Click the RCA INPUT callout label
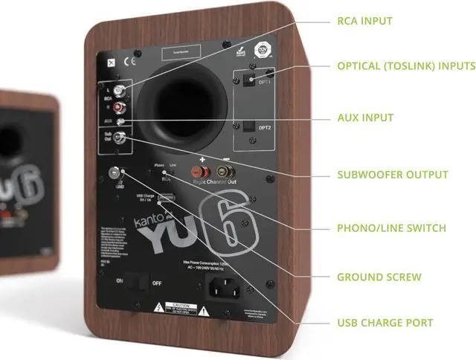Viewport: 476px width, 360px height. pos(364,21)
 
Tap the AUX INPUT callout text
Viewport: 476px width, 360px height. pos(365,118)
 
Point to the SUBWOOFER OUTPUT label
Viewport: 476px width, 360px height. pos(393,175)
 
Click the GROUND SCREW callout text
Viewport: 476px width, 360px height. pos(379,277)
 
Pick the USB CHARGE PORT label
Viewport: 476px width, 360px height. pos(385,323)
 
